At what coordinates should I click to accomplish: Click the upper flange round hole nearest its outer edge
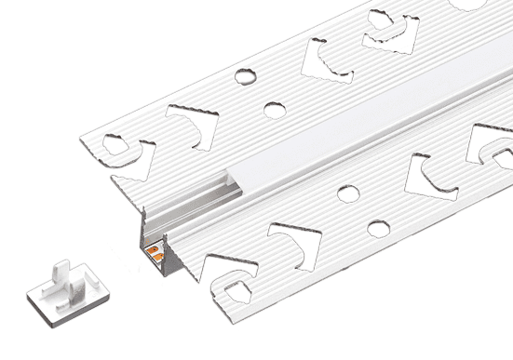click(x=248, y=73)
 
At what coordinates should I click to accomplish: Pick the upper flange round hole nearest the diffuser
click(x=274, y=110)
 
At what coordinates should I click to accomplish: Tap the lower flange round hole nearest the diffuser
click(x=347, y=193)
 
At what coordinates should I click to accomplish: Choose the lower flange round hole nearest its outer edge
click(x=377, y=228)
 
